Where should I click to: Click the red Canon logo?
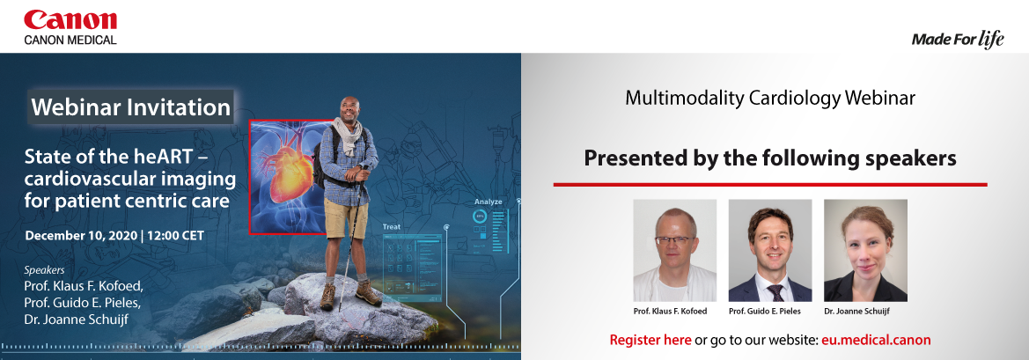[70, 20]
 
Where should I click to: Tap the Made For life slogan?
[958, 40]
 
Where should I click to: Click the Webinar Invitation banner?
[131, 107]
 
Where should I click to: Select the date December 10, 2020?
[81, 235]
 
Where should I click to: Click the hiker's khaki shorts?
[346, 218]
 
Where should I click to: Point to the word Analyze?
[489, 202]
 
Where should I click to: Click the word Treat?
[391, 227]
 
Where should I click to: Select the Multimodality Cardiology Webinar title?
[770, 99]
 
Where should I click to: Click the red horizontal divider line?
[770, 184]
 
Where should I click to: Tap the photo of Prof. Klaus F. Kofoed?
[674, 251]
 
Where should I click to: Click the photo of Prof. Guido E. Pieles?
[770, 251]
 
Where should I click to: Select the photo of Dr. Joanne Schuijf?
[865, 251]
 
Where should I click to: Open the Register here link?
[650, 340]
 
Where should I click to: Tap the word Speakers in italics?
[45, 269]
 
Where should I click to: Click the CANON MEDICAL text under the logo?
[70, 40]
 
